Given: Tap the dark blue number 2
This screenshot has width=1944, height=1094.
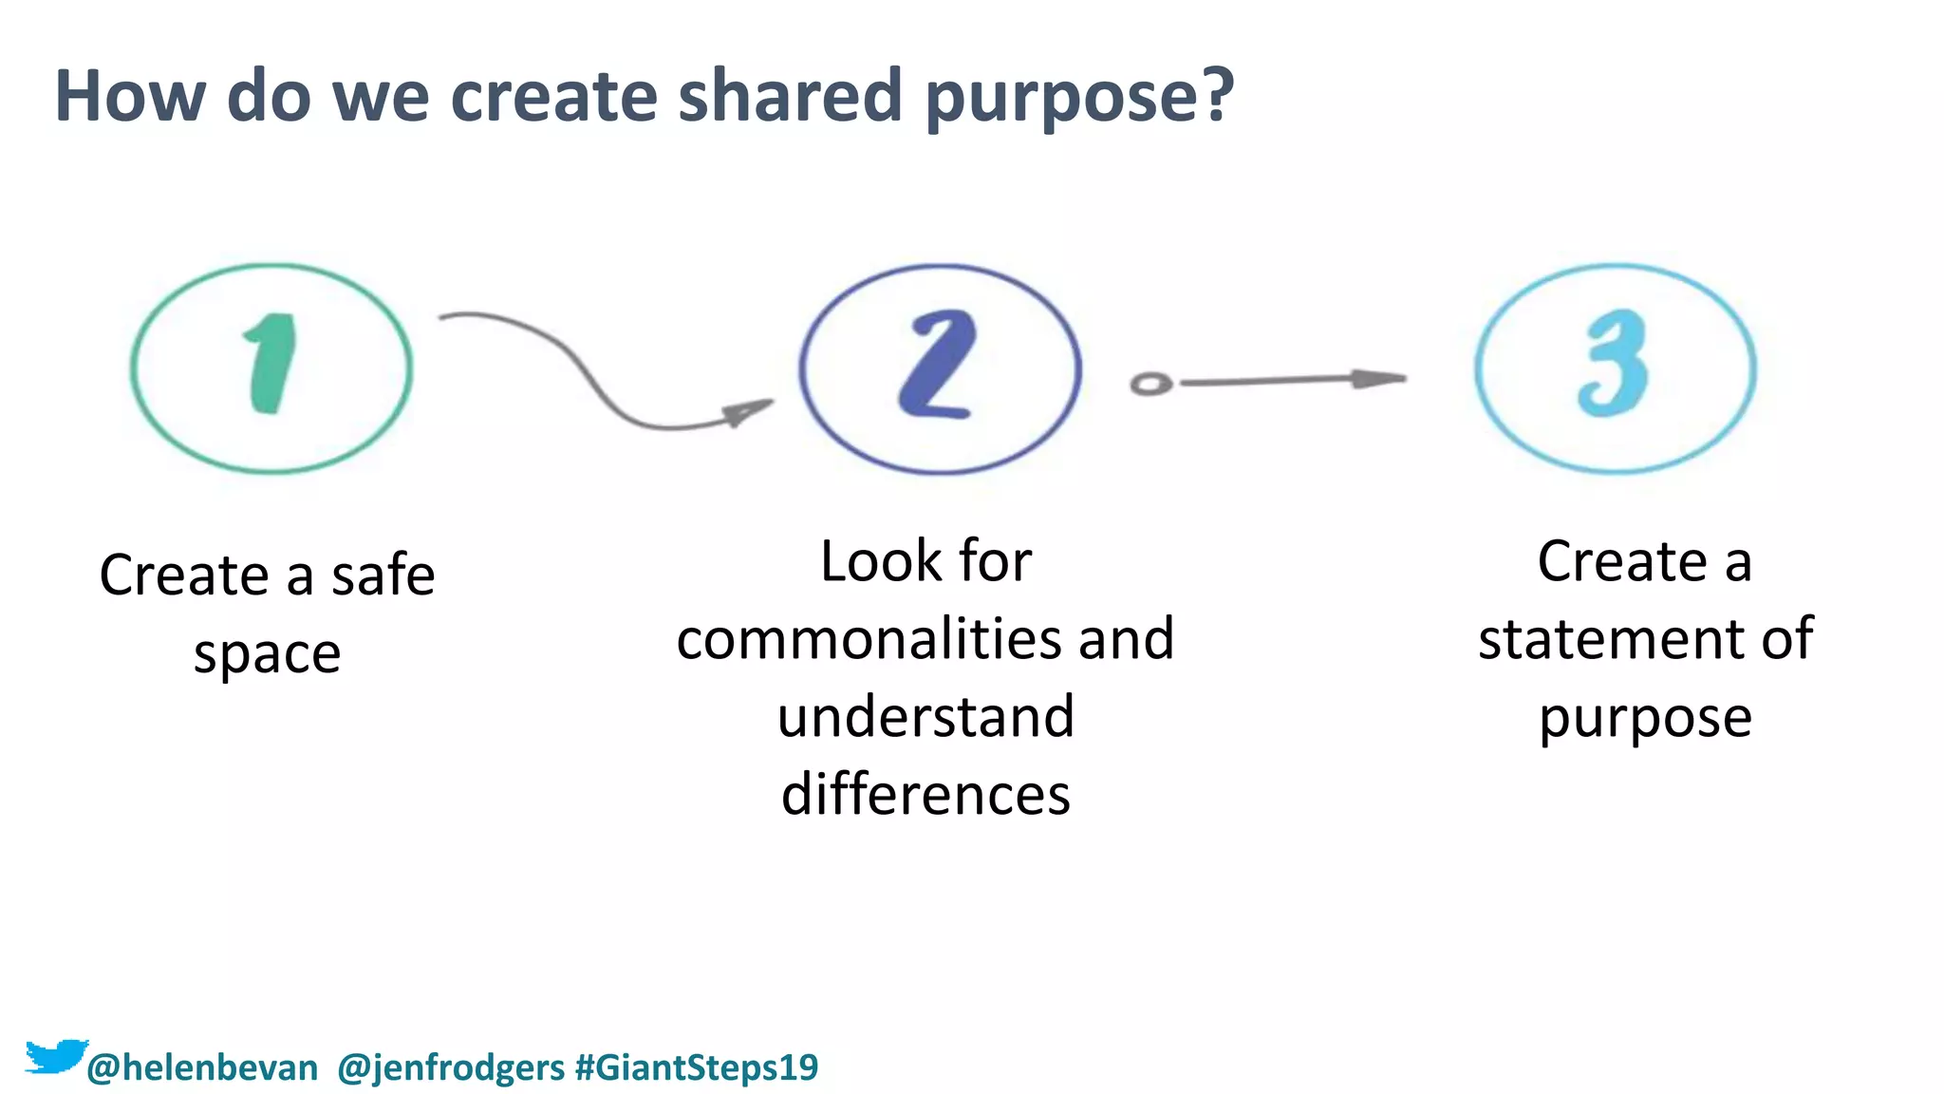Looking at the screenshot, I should (x=938, y=366).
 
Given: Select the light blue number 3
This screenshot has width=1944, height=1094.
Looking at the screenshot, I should (x=1614, y=365).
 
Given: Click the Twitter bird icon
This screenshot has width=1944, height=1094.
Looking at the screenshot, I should (x=55, y=1056).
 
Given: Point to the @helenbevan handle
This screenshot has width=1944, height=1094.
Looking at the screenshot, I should (x=202, y=1068).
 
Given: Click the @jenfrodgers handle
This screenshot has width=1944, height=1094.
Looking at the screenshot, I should (x=451, y=1068).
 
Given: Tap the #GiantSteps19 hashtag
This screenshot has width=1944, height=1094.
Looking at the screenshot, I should (x=697, y=1068).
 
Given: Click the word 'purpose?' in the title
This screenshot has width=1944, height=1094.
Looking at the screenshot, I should (x=1079, y=97).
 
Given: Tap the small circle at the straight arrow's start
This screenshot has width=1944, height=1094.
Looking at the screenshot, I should (x=1151, y=384).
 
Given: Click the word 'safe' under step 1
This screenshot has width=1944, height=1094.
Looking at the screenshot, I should (x=383, y=575).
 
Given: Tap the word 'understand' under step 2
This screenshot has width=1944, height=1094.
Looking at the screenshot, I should (x=925, y=716).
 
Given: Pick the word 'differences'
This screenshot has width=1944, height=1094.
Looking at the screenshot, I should (x=925, y=794).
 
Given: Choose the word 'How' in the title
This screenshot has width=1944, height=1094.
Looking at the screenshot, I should (x=129, y=97).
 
